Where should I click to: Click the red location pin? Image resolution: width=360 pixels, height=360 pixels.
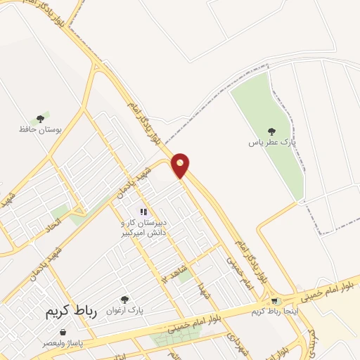[x=181, y=165]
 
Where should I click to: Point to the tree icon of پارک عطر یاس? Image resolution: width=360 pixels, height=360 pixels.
[x=271, y=131]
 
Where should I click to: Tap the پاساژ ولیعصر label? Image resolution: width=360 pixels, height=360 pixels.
[x=60, y=342]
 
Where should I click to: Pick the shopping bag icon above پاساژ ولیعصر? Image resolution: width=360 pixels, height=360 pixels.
[x=63, y=331]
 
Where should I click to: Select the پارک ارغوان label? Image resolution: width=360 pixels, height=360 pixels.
[x=124, y=310]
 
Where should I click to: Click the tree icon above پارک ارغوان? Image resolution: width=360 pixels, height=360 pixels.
[x=125, y=300]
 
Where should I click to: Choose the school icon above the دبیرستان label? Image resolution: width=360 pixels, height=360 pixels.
[x=143, y=212]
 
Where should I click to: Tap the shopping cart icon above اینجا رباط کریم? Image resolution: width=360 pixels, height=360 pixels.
[x=276, y=302]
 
